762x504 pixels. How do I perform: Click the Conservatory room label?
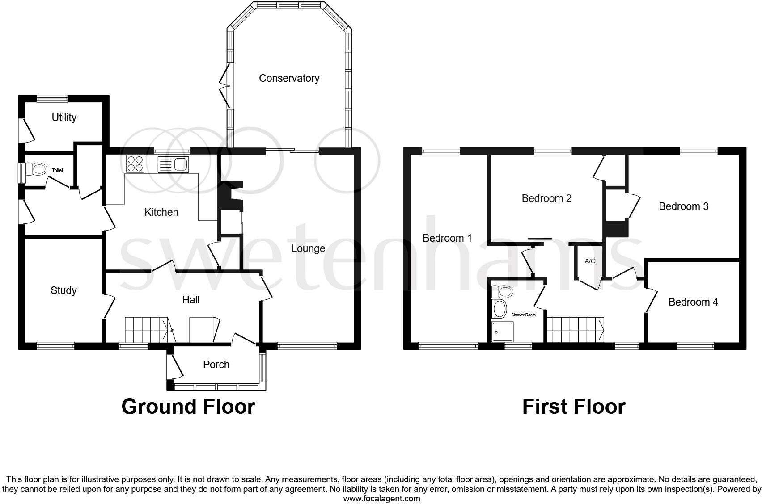click(x=289, y=78)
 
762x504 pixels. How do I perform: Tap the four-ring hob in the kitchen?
click(x=135, y=164)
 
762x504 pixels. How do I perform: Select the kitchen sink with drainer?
click(x=174, y=164)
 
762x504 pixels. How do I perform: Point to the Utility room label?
click(x=64, y=118)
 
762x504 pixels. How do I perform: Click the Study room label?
click(x=63, y=290)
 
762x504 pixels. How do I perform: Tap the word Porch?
click(x=216, y=365)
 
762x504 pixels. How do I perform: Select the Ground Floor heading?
click(x=188, y=407)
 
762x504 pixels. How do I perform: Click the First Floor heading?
click(x=574, y=407)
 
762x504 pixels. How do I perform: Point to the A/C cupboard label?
click(x=590, y=261)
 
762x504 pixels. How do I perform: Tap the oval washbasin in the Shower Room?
click(x=499, y=309)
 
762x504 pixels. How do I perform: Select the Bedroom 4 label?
click(x=693, y=302)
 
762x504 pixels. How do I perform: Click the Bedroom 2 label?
click(x=546, y=198)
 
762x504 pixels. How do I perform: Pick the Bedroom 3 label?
click(x=683, y=206)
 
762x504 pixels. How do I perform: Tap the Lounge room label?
click(x=308, y=248)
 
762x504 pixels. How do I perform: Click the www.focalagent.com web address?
click(x=381, y=499)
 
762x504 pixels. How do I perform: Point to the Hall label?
click(x=190, y=300)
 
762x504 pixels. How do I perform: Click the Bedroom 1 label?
click(x=447, y=238)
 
